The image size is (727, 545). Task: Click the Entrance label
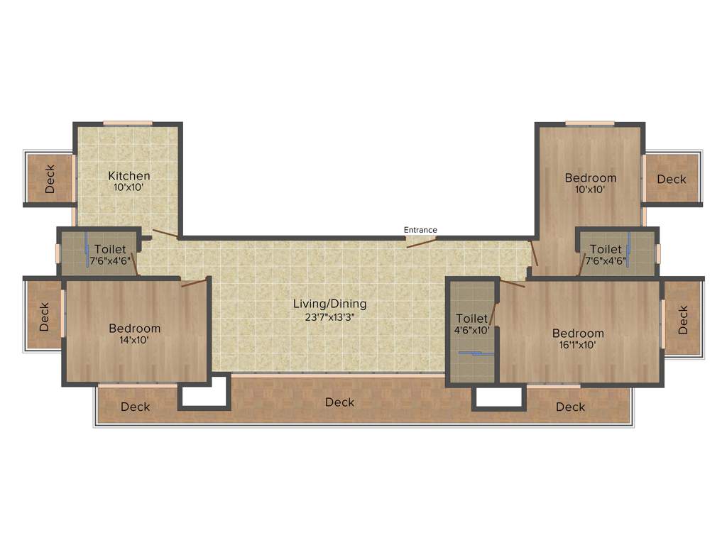[420, 230]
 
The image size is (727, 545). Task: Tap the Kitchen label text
[129, 176]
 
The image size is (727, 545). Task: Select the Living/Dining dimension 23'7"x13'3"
[329, 317]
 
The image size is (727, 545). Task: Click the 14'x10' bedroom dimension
[134, 340]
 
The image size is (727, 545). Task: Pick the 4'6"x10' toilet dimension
[471, 330]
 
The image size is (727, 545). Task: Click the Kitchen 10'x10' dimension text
[129, 188]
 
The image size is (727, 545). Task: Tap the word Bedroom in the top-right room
[591, 177]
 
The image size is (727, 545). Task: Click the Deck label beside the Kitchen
[50, 180]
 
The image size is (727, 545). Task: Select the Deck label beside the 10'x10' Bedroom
[672, 180]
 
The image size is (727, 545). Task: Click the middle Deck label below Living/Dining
[339, 402]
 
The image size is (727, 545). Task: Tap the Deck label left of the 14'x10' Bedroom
[44, 317]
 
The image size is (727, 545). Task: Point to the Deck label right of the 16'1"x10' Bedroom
[683, 319]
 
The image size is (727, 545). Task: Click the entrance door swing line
[421, 243]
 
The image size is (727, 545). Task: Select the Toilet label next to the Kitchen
[110, 249]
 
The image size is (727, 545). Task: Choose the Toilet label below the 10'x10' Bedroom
[606, 249]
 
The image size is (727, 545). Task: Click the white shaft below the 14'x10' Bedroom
[203, 395]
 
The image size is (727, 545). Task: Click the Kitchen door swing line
[165, 234]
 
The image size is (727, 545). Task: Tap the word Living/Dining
[329, 304]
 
